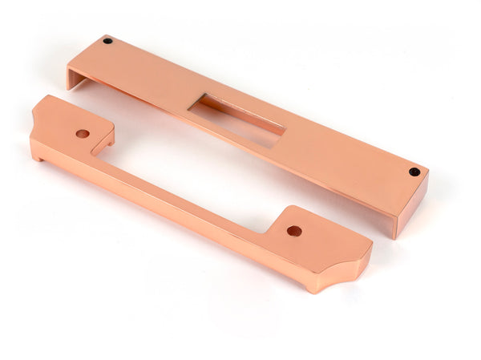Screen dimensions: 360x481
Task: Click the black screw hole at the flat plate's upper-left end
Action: [x=107, y=41]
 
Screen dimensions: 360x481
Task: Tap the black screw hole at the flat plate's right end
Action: [x=414, y=172]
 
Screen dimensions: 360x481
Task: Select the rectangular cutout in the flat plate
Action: [x=240, y=115]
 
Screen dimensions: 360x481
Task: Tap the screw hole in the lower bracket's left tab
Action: [x=83, y=133]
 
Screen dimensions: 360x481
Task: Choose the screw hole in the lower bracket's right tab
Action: [x=294, y=231]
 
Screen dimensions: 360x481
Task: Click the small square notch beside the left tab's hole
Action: [x=103, y=145]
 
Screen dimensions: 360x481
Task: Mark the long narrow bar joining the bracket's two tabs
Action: [x=184, y=189]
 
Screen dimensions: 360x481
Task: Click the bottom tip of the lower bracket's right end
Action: [x=312, y=290]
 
